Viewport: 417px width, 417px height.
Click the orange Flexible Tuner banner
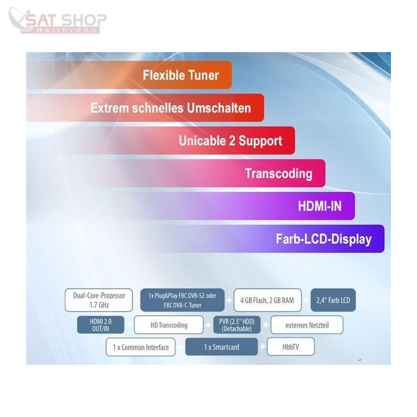coord(129,75)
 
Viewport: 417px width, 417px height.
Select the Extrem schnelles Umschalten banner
coord(145,108)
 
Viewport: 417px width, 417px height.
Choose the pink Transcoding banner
coord(205,173)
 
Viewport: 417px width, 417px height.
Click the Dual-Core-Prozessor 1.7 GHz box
coord(99,300)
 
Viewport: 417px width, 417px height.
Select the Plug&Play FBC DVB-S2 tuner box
coord(182,300)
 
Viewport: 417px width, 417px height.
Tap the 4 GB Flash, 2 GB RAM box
coord(267,300)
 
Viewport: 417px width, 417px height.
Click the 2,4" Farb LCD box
coord(333,300)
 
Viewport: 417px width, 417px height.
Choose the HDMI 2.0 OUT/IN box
coord(101,325)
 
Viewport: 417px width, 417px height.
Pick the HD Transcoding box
coord(169,325)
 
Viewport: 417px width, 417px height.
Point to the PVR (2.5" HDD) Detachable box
coord(237,325)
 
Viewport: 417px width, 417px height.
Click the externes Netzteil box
coord(307,325)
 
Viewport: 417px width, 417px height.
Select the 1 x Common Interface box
coord(141,347)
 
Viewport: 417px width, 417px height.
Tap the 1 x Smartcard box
coord(222,347)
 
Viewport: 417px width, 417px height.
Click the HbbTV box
coord(291,347)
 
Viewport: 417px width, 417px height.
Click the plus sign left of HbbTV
coord(263,347)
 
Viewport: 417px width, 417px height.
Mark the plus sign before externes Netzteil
coord(265,325)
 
